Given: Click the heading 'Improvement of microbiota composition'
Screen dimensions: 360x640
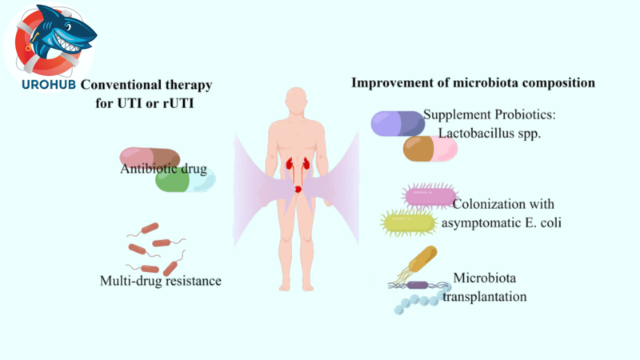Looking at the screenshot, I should coord(474,82).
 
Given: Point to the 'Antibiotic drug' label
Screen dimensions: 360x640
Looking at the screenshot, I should coord(164,169).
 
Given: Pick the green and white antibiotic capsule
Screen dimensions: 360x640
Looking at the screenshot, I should coord(185,181).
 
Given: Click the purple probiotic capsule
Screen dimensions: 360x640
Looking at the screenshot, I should coord(398,123).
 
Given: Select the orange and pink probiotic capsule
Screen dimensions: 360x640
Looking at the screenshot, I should coord(430,148).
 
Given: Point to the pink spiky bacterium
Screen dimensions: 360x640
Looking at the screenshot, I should coord(430,196).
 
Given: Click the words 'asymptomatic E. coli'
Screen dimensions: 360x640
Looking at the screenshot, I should coord(503,222).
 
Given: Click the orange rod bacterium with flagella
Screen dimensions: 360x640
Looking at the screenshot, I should coord(422,259).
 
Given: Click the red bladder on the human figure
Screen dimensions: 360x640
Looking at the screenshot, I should coord(298,189).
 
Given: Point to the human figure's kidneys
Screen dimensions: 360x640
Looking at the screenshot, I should coord(297,166).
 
